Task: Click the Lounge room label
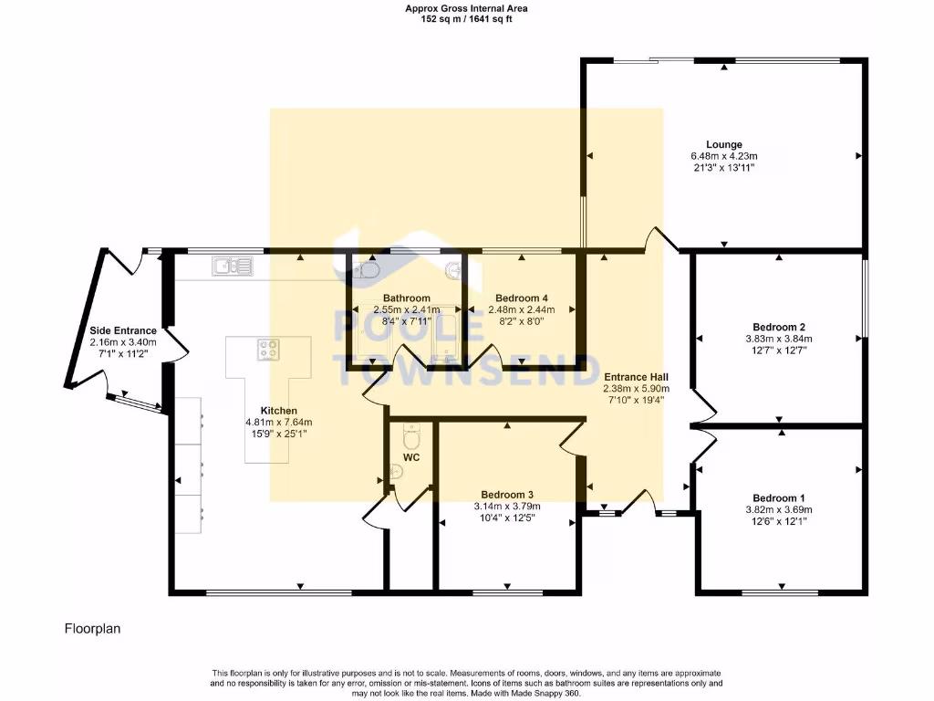coord(723,144)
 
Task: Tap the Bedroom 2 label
coord(779,327)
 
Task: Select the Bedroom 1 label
coord(779,497)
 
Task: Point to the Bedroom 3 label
coord(507,494)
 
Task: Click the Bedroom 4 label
coord(521,298)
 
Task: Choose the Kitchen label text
coord(279,411)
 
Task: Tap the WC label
coord(411,457)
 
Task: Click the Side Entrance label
coord(123,330)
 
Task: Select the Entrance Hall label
coord(636,377)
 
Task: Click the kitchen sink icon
coord(233,266)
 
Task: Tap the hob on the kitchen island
coord(269,350)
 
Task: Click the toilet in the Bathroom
coord(365,270)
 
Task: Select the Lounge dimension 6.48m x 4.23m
coord(723,156)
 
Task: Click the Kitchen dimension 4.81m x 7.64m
coord(279,422)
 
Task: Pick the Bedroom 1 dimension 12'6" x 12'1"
coord(779,521)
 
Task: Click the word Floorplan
coord(92,628)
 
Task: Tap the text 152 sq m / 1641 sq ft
coord(466,18)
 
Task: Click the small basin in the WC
coord(396,473)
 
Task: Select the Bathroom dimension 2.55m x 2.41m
coord(407,309)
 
